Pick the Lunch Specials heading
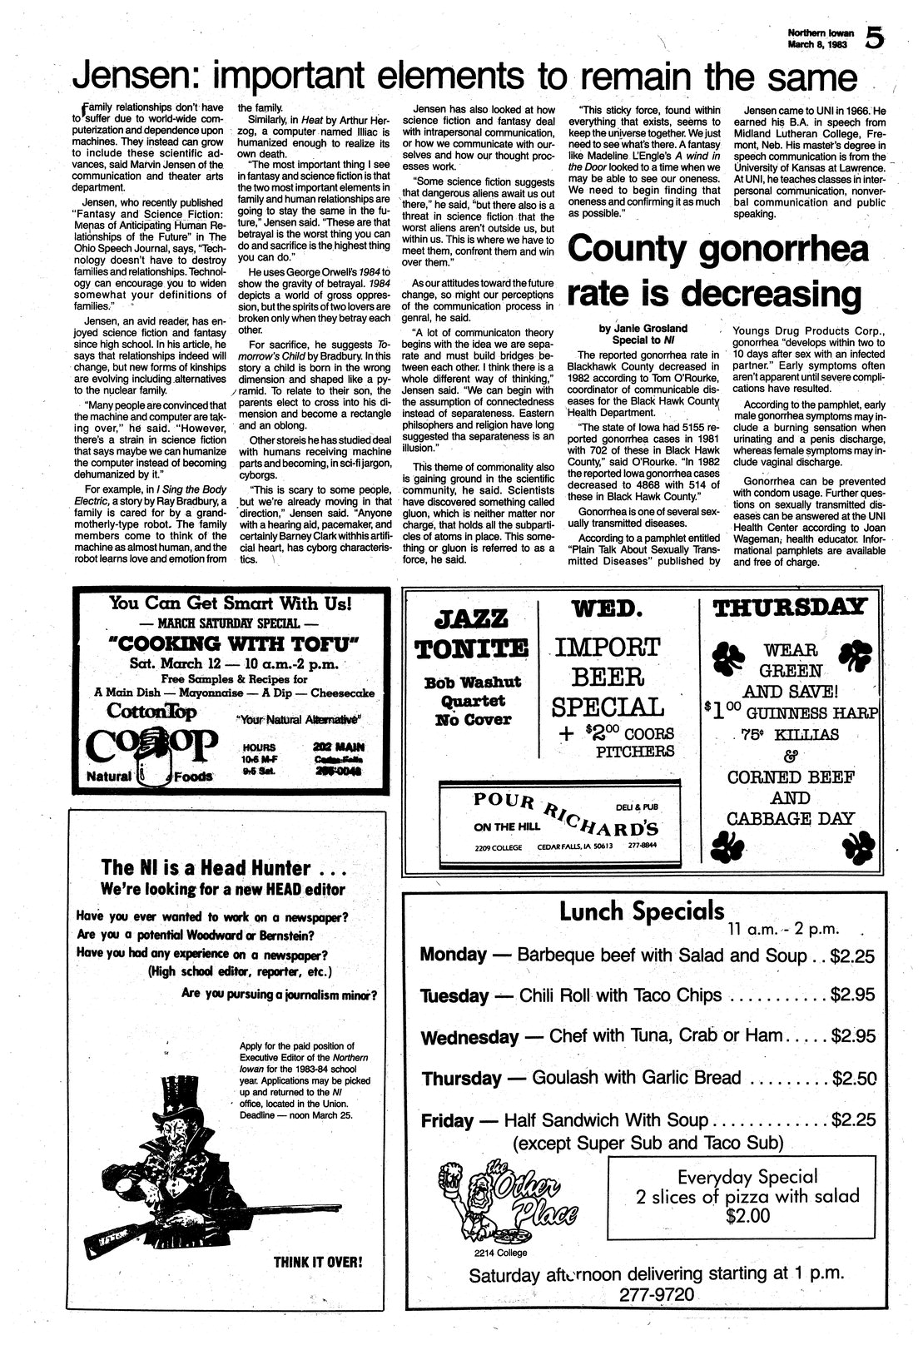click(x=641, y=912)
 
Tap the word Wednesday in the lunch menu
click(x=469, y=1038)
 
